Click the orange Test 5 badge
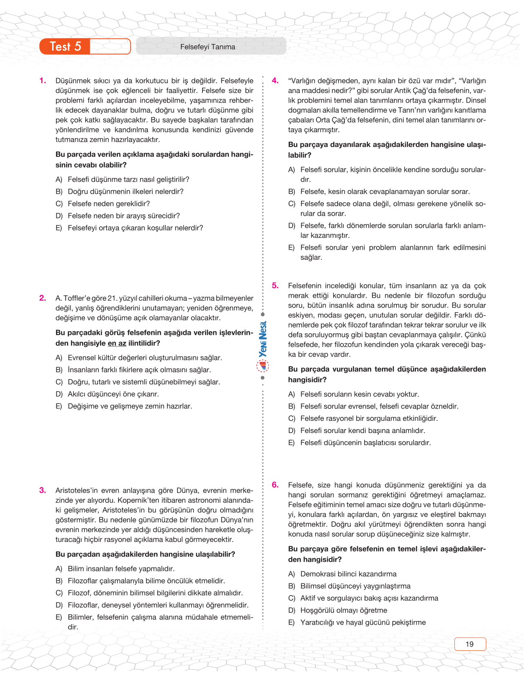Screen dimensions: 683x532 [65, 47]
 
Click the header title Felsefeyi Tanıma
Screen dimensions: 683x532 [207, 47]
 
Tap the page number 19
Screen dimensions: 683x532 [470, 644]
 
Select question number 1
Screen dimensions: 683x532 [43, 81]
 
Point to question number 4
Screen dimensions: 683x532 [276, 81]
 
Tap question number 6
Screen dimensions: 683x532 [276, 485]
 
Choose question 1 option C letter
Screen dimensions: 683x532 [59, 204]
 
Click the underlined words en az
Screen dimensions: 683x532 [117, 344]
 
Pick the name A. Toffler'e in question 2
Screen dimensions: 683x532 [72, 298]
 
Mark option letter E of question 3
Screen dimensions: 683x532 [59, 617]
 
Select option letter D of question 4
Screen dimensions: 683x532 [292, 226]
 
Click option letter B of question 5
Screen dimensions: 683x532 [292, 406]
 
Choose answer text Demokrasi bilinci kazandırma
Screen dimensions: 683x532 [348, 574]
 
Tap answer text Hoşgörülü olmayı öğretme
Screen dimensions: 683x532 [344, 610]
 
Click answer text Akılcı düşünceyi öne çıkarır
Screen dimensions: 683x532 [113, 394]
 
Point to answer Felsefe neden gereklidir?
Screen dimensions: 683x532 [109, 204]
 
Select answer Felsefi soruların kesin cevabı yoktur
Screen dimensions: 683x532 [359, 394]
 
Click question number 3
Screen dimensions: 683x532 [43, 491]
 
